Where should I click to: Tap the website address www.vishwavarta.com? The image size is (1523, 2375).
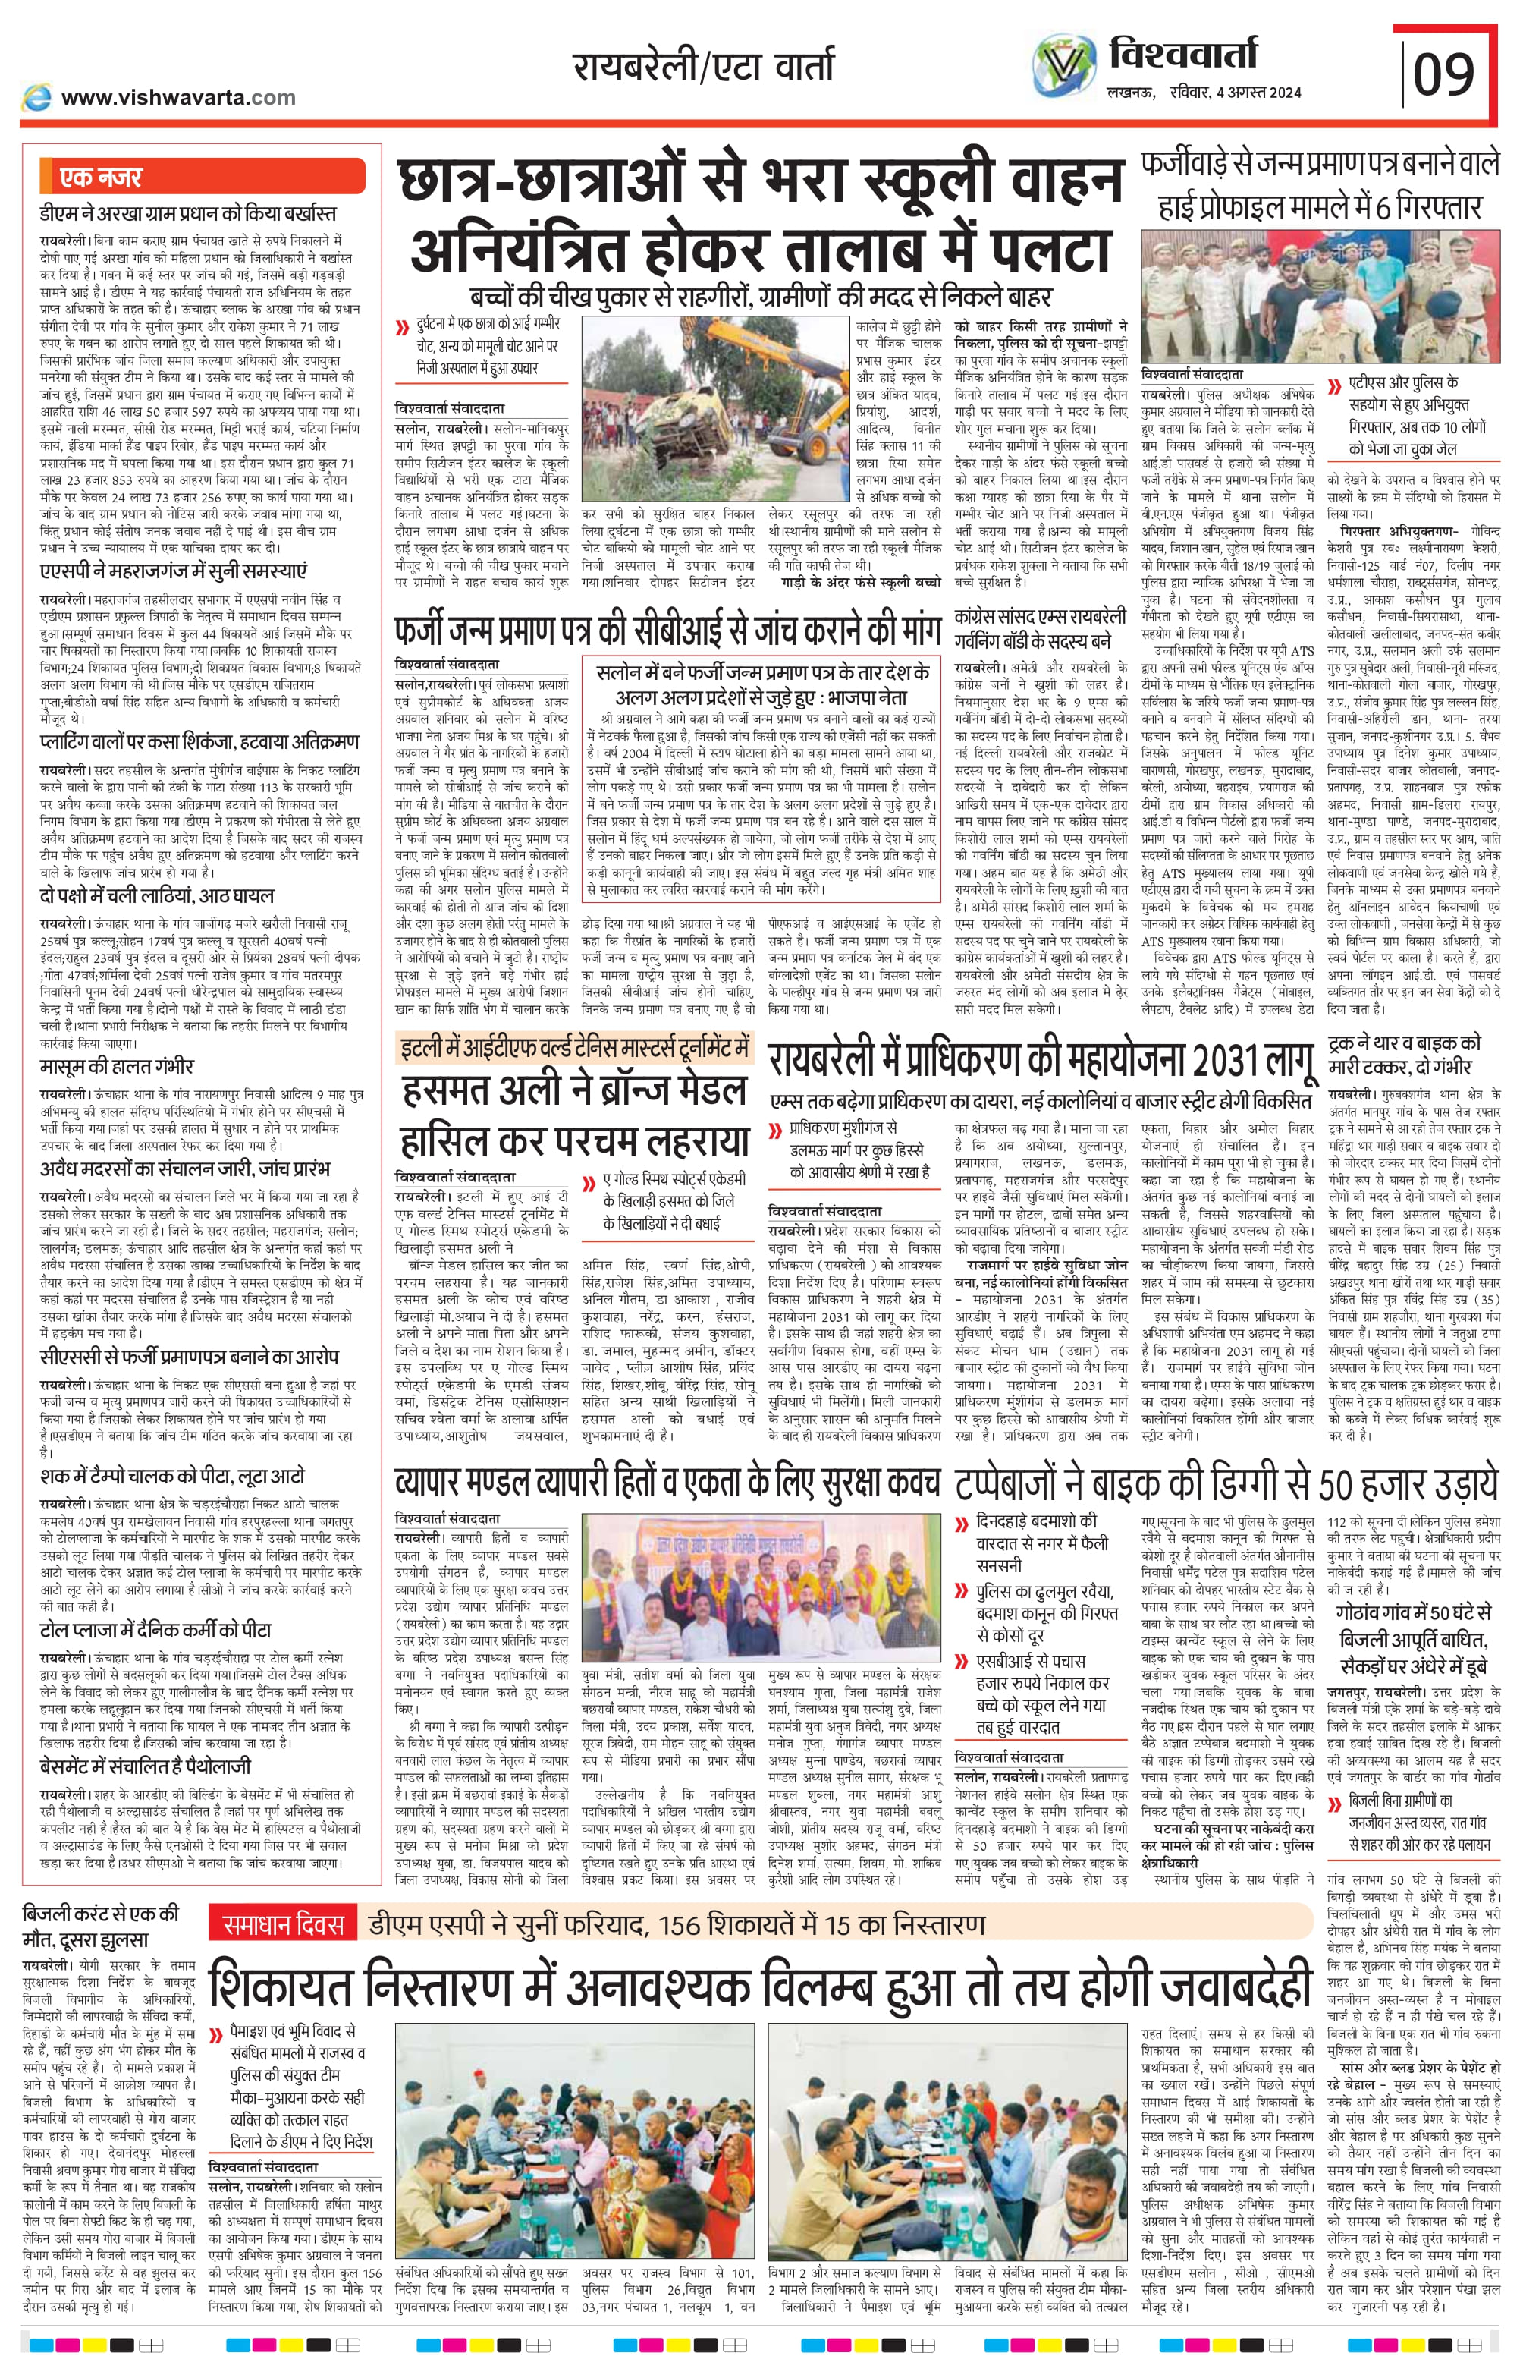tap(178, 97)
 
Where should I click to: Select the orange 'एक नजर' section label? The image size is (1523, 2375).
tap(102, 177)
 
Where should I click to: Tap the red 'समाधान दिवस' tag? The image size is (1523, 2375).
tap(282, 1924)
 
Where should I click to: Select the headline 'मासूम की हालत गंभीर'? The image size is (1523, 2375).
tap(117, 1066)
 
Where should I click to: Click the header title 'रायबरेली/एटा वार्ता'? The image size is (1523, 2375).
tap(703, 68)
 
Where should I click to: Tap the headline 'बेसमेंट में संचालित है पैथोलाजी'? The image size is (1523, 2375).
tap(146, 1766)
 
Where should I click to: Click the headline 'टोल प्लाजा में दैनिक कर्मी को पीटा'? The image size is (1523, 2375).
tap(155, 1629)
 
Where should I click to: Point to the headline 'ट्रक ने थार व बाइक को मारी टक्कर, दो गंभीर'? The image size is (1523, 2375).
tap(1405, 1055)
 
